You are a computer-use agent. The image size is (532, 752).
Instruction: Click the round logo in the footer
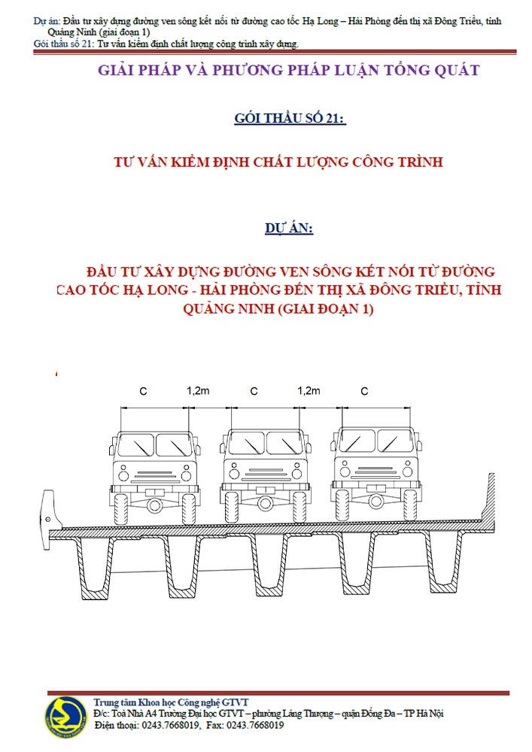[65, 717]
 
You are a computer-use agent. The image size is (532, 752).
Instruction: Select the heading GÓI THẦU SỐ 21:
[290, 118]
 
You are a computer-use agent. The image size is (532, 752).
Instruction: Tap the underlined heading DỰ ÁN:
[289, 228]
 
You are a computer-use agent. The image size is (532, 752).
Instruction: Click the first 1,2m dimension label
[198, 391]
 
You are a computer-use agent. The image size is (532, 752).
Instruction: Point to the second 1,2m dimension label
[309, 391]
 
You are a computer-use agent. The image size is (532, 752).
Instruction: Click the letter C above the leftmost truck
[143, 391]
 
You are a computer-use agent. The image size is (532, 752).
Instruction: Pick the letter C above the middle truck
[254, 391]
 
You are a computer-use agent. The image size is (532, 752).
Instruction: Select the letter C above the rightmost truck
[364, 391]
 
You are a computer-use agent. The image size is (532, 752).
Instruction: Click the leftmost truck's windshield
[154, 444]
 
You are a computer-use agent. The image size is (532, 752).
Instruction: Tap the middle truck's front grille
[266, 473]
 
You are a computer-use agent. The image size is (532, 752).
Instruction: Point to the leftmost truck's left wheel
[121, 508]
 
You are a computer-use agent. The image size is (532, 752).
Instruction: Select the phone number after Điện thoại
[171, 725]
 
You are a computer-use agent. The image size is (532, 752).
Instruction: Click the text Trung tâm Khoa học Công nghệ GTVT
[172, 702]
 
